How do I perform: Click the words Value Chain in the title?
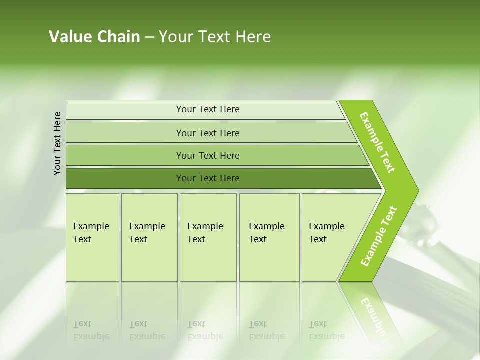pos(94,37)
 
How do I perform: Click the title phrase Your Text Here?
pos(215,37)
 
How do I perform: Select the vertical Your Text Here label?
pos(57,143)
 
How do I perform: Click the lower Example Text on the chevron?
pos(379,236)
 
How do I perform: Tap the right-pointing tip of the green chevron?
pos(416,191)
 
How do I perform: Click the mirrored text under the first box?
pos(91,330)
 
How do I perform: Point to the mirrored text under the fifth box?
pos(327,330)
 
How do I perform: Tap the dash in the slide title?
pos(149,37)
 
